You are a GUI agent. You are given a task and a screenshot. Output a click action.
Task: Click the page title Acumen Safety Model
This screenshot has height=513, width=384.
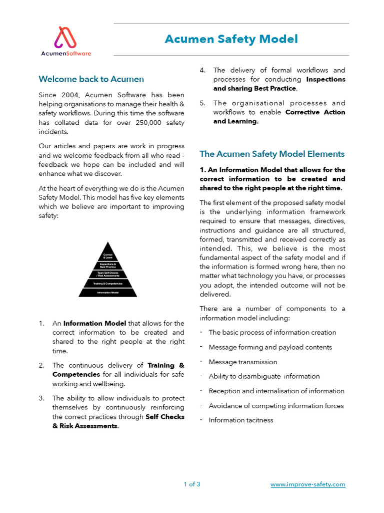pyautogui.click(x=231, y=39)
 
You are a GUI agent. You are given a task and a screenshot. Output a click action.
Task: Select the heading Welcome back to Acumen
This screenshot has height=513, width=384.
pyautogui.click(x=91, y=79)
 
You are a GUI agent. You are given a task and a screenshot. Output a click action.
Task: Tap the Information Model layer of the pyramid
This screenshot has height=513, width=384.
pyautogui.click(x=107, y=293)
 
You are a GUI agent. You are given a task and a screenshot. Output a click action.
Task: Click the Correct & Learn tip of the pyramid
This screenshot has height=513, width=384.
pyautogui.click(x=107, y=255)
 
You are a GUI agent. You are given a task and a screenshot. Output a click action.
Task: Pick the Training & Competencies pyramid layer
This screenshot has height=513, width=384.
pyautogui.click(x=107, y=283)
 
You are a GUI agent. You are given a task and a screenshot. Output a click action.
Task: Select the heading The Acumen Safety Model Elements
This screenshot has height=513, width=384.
pyautogui.click(x=272, y=154)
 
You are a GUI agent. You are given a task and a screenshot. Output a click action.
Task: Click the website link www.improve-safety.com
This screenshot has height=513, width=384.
pyautogui.click(x=307, y=484)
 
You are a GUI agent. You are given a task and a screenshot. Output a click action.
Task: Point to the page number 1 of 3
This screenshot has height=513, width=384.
pyautogui.click(x=192, y=484)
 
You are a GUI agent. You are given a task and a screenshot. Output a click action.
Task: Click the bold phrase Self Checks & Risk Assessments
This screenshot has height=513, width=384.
pyautogui.click(x=118, y=421)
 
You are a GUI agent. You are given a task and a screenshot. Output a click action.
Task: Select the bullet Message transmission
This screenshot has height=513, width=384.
pyautogui.click(x=242, y=362)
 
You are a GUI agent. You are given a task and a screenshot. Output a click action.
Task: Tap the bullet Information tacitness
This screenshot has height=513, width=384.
pyautogui.click(x=240, y=420)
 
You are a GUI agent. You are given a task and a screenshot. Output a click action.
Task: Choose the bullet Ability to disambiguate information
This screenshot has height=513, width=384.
pyautogui.click(x=264, y=376)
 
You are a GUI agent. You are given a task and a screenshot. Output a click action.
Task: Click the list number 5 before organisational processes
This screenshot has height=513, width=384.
pyautogui.click(x=202, y=103)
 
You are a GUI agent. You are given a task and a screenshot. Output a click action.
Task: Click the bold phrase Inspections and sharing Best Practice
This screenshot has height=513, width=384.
pyautogui.click(x=279, y=84)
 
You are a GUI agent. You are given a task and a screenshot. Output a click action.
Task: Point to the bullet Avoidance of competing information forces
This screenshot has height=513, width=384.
pyautogui.click(x=276, y=406)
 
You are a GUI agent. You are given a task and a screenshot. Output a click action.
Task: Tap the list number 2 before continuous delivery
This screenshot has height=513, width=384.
pyautogui.click(x=41, y=366)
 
